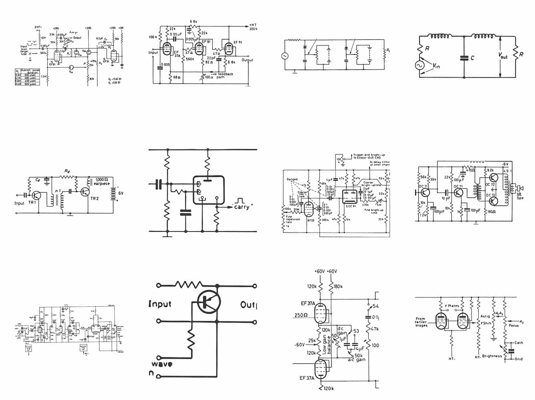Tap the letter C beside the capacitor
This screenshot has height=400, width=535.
click(x=472, y=58)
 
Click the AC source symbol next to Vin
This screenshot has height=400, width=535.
click(x=421, y=65)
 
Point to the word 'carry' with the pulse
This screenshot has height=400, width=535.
click(x=242, y=207)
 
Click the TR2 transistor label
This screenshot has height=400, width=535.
click(x=95, y=198)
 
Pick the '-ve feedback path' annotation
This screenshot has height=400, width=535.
click(x=220, y=76)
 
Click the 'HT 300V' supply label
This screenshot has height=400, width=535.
click(x=252, y=27)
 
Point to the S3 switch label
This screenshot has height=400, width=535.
click(x=356, y=331)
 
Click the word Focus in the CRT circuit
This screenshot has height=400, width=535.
click(x=514, y=326)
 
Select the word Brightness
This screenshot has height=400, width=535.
click(x=492, y=356)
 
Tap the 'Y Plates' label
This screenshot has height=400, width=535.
click(x=452, y=306)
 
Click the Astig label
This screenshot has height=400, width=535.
click(x=485, y=316)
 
